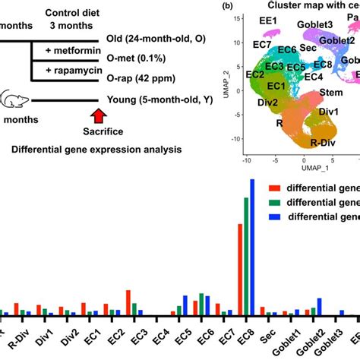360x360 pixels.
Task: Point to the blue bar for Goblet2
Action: (320, 305)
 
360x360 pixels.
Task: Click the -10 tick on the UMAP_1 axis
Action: (245, 160)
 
